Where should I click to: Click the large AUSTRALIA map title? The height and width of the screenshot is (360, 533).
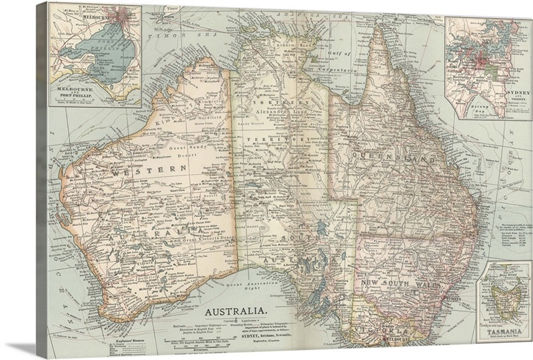click(237, 311)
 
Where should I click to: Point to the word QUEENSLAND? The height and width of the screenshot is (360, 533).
click(394, 161)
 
